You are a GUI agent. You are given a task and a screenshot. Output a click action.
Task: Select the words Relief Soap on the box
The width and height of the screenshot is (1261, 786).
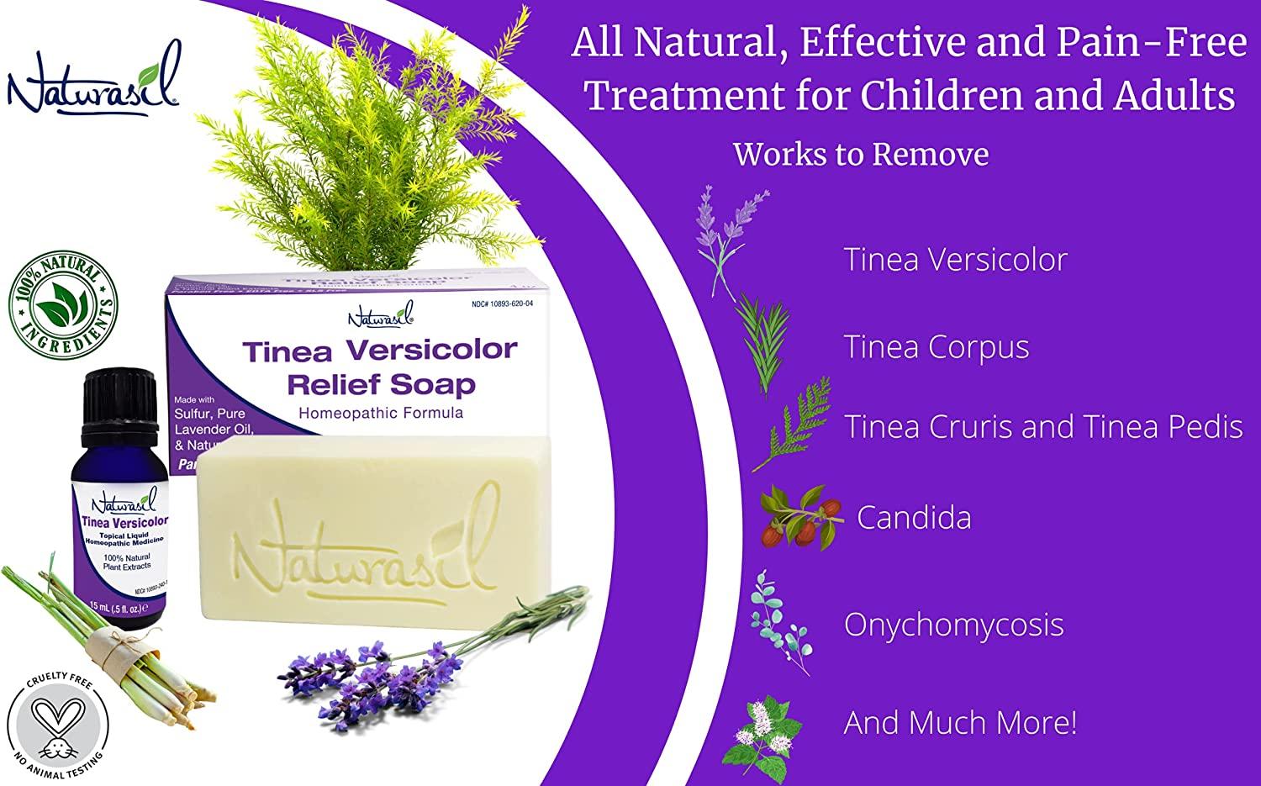pyautogui.click(x=381, y=385)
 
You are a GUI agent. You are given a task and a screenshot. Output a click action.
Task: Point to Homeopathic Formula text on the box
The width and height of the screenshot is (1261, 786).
pyautogui.click(x=381, y=413)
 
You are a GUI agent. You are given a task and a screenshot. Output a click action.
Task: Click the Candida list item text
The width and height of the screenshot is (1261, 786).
pyautogui.click(x=914, y=518)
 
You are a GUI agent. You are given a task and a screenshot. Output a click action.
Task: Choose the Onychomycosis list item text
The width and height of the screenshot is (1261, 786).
pyautogui.click(x=953, y=625)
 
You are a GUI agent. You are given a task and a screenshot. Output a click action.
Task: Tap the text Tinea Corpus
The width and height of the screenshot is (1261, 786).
pyautogui.click(x=937, y=347)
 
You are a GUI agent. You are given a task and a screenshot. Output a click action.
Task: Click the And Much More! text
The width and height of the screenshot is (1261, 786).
pyautogui.click(x=960, y=723)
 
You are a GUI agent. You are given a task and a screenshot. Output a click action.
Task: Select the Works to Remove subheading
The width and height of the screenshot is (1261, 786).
pyautogui.click(x=861, y=155)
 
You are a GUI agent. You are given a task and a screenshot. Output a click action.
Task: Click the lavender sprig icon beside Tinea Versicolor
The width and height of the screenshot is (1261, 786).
pyautogui.click(x=727, y=240)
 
